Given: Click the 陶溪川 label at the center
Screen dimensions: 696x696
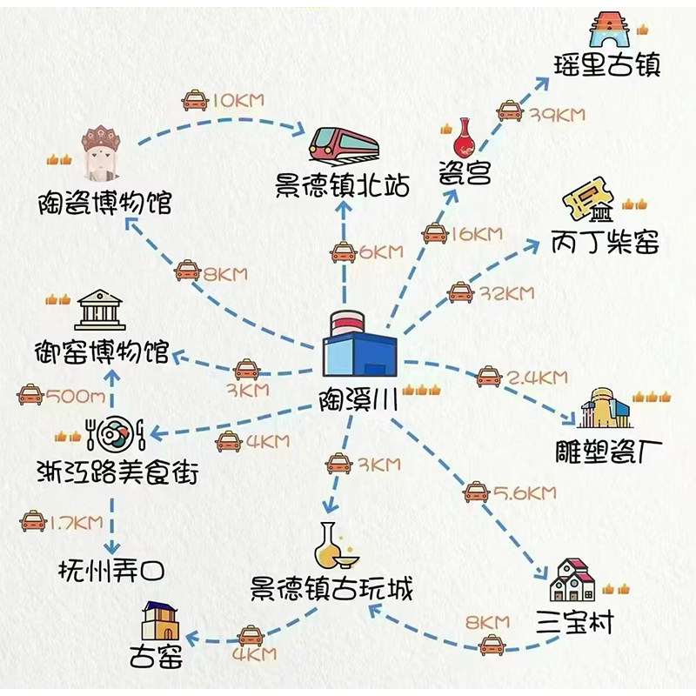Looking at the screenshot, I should tap(358, 401).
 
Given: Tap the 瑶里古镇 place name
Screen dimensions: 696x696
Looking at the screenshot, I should tap(607, 65).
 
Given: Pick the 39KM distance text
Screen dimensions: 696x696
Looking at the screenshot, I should tap(556, 114).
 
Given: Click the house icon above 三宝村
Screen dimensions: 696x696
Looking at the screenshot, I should tap(572, 580).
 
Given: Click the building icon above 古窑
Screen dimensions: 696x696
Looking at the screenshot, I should tap(160, 620).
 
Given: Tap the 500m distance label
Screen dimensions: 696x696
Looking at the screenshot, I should tap(77, 397).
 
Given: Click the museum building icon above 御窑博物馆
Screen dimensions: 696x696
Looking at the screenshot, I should tap(100, 309).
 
